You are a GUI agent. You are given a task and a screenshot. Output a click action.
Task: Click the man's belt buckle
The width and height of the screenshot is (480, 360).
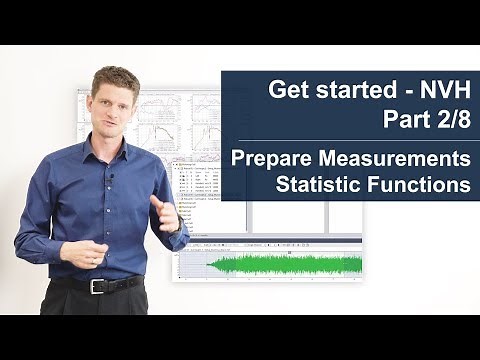point(97,286)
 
